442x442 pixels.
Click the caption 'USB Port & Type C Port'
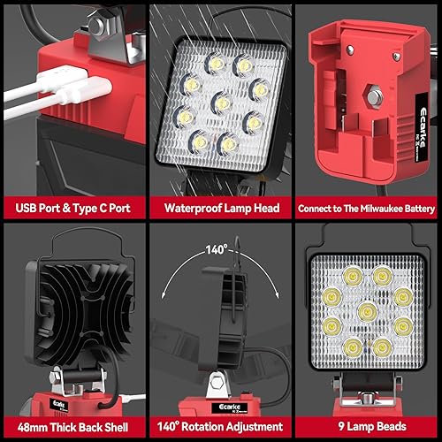72,209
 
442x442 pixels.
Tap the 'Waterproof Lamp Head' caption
220,209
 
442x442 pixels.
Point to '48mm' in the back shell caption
33,426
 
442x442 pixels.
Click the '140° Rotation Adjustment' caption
220,426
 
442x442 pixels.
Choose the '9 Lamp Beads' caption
368,426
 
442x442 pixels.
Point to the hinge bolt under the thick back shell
55,375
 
